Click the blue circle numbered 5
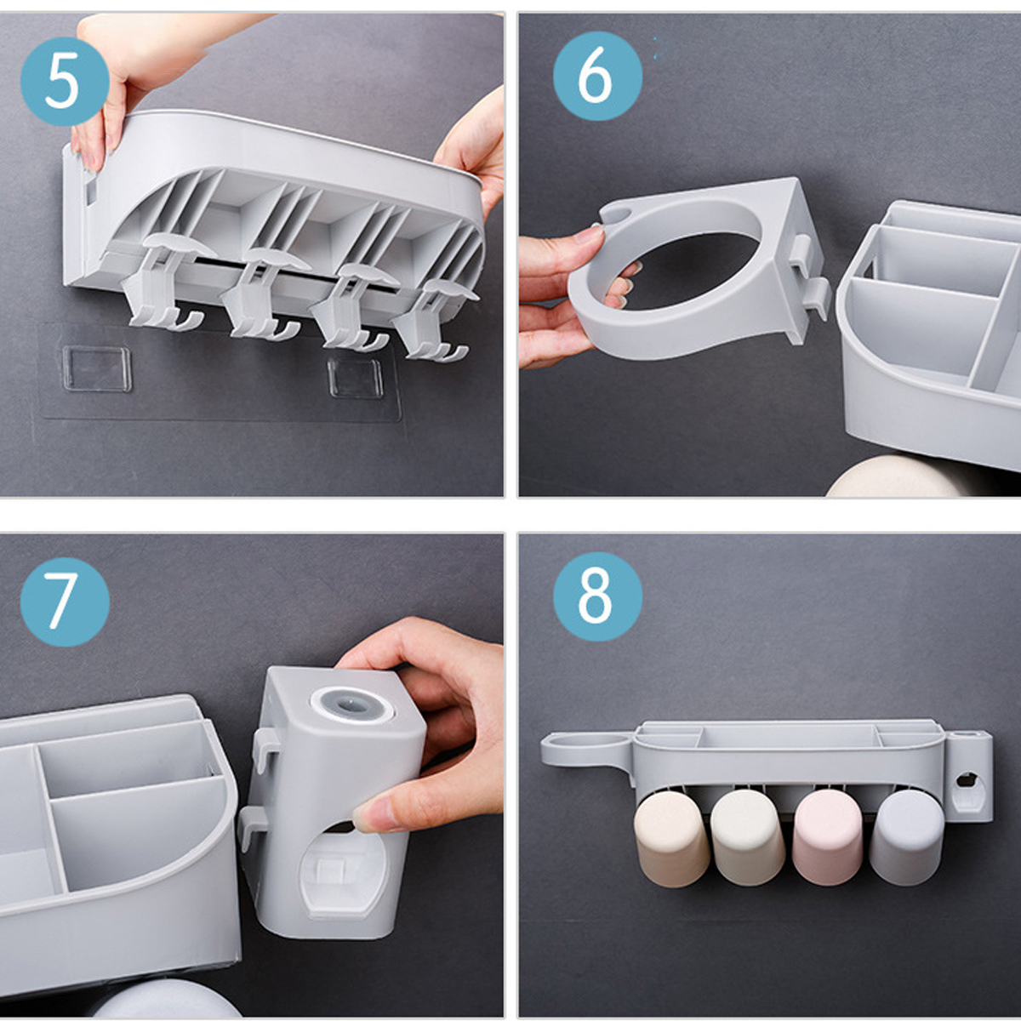pyautogui.click(x=65, y=81)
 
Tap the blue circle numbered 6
pyautogui.click(x=597, y=76)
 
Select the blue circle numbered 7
pyautogui.click(x=65, y=602)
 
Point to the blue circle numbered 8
pyautogui.click(x=597, y=596)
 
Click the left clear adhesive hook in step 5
pyautogui.click(x=96, y=368)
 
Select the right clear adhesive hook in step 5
pyautogui.click(x=355, y=377)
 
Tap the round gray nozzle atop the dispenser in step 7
pyautogui.click(x=351, y=704)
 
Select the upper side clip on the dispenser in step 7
pyautogui.click(x=265, y=749)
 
